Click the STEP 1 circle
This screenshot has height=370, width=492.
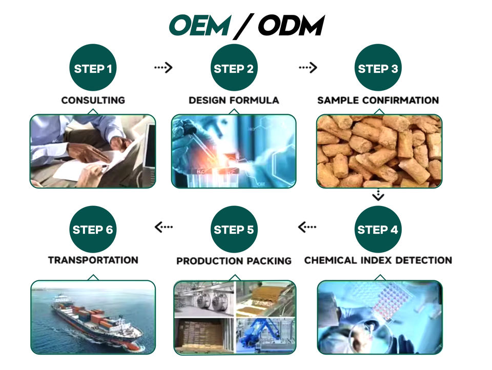93,68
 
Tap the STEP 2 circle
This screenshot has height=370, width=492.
234,68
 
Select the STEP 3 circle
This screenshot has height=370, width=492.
378,68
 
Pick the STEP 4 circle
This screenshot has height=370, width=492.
378,229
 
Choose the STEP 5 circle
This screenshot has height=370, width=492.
234,229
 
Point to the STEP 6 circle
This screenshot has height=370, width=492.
93,229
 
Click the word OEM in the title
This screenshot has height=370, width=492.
199,25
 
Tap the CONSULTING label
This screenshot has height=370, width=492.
93,100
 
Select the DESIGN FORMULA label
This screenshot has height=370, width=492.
234,100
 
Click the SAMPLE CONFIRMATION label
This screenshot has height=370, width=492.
378,100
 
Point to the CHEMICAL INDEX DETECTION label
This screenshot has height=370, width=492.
378,260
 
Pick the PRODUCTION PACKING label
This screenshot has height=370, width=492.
234,261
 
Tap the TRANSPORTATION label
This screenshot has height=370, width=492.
93,260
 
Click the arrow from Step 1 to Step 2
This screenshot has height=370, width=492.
163,67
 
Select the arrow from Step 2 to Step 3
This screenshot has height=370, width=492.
308,67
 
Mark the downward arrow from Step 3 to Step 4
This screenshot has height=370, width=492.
378,195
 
